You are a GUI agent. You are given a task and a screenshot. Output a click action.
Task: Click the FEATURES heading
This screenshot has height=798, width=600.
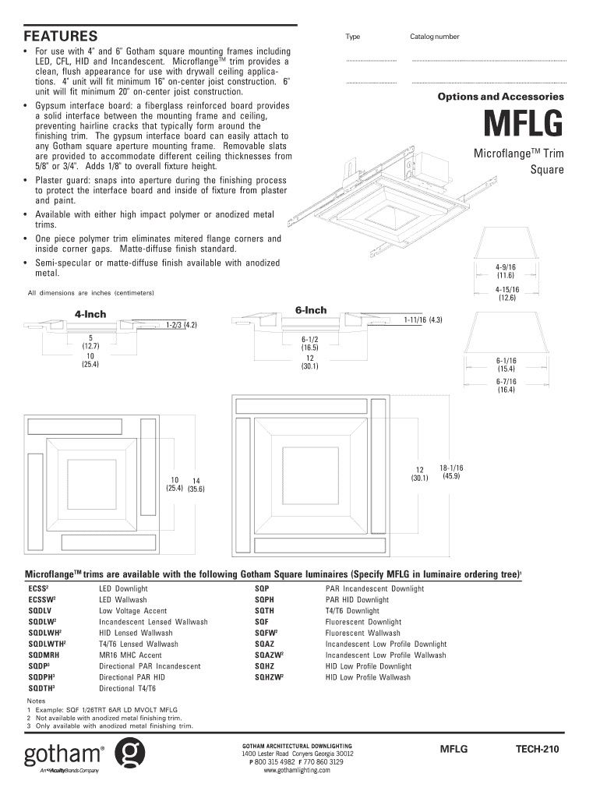pyautogui.click(x=61, y=37)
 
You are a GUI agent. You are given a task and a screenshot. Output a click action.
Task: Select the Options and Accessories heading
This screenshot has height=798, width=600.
pyautogui.click(x=500, y=97)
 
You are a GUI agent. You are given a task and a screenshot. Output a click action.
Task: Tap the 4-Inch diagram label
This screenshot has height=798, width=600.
pyautogui.click(x=90, y=315)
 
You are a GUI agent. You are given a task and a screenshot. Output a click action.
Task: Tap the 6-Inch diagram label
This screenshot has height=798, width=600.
pyautogui.click(x=311, y=310)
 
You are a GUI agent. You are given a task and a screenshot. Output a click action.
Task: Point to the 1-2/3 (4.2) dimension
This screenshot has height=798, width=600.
pyautogui.click(x=180, y=324)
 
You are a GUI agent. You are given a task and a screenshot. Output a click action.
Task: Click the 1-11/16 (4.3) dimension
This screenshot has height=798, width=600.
pyautogui.click(x=424, y=320)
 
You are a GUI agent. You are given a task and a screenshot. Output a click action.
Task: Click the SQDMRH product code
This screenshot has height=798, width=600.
pyautogui.click(x=44, y=655)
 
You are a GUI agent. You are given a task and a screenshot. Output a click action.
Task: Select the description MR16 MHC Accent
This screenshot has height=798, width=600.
pyautogui.click(x=130, y=655)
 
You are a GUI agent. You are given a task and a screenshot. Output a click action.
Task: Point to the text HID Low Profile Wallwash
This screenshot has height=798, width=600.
pyautogui.click(x=368, y=678)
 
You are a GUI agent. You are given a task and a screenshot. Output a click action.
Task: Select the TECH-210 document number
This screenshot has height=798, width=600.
pyautogui.click(x=537, y=749)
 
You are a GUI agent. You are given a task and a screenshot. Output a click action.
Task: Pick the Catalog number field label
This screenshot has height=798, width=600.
pyautogui.click(x=435, y=37)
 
